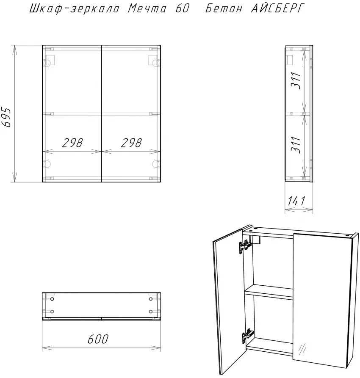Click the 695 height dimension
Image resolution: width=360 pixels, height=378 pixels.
(x=6, y=117)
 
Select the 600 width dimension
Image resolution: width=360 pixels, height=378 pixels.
(x=98, y=339)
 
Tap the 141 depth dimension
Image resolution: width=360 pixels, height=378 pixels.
(x=296, y=201)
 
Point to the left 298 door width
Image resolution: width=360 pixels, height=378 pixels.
(x=72, y=143)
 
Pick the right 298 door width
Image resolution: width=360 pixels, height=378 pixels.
(x=131, y=143)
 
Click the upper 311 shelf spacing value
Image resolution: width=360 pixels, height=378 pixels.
(x=296, y=80)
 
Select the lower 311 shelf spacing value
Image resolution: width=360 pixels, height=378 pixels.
(x=296, y=145)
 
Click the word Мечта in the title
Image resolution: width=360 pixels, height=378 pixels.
(x=147, y=9)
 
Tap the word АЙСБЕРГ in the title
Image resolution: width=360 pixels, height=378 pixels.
(x=277, y=8)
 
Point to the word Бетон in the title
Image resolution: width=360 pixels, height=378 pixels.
(x=224, y=9)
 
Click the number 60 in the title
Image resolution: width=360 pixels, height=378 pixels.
(x=182, y=9)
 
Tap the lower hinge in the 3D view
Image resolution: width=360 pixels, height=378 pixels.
(x=248, y=336)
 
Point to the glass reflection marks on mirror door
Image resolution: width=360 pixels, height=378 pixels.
(x=302, y=348)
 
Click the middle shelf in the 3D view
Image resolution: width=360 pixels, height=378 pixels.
(x=269, y=292)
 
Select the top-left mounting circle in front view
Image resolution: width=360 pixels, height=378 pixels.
(x=47, y=63)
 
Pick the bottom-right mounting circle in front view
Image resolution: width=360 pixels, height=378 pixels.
(x=156, y=164)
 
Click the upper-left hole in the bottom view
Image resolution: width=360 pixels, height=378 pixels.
(x=52, y=299)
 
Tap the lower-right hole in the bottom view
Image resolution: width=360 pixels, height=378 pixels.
(x=151, y=312)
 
